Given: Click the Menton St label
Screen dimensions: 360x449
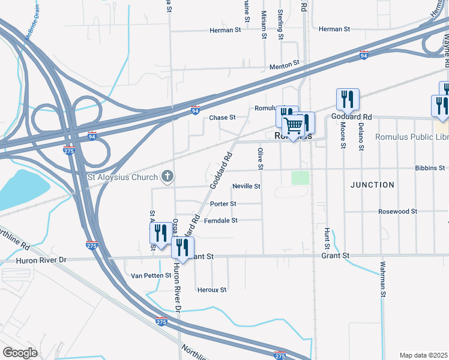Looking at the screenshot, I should tap(284, 64).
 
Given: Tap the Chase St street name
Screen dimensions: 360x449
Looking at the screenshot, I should tap(221, 118).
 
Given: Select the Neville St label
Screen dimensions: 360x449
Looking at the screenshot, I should tap(246, 187).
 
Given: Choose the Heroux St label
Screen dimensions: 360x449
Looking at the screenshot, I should tap(212, 289).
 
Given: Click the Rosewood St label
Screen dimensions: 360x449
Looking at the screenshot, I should tap(397, 211).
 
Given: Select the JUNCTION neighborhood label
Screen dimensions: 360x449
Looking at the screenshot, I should tap(373, 185).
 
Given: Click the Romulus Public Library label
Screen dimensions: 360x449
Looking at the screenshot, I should tap(412, 137).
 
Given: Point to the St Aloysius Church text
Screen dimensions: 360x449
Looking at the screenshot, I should tap(122, 176).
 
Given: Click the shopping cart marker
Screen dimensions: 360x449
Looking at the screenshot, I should tap(294, 125).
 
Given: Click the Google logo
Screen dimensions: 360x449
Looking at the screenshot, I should tap(20, 352).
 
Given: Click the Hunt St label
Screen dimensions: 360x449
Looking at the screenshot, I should tap(327, 238).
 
